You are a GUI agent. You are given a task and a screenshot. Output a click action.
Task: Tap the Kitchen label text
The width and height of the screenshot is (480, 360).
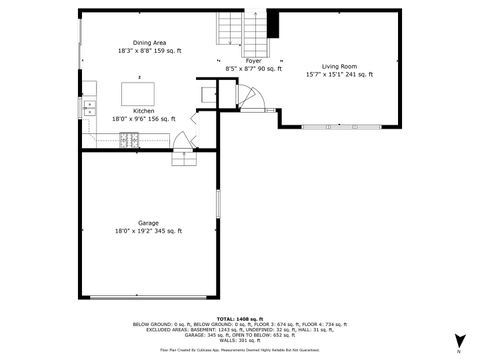pos(144,111)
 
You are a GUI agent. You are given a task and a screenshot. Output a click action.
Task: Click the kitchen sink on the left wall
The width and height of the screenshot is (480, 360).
pos(88,104)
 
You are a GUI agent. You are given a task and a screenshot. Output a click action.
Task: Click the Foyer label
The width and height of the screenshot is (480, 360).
pos(240,61)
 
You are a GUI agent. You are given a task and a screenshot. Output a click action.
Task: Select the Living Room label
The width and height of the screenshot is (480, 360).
pos(339,66)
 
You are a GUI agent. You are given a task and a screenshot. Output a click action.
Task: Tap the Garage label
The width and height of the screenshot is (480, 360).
pos(148,223)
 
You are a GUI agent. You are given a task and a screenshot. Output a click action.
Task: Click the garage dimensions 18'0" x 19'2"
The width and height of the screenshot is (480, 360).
pos(148,231)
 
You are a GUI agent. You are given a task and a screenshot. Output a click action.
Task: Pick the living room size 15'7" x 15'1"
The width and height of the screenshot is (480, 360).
pos(339,74)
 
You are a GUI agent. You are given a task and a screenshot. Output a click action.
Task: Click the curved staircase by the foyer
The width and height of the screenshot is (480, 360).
pos(249,97)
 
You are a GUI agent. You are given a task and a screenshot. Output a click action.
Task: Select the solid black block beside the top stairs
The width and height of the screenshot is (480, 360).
pos(270,23)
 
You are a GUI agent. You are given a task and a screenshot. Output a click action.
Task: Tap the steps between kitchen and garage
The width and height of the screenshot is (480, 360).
pos(184,159)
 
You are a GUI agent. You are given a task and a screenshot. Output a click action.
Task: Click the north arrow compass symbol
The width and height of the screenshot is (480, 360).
pos(458,340)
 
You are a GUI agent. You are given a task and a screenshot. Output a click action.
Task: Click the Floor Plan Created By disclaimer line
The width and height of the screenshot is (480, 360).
pos(239,350)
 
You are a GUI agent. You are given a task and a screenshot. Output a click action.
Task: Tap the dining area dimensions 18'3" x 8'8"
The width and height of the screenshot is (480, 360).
pos(144,50)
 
